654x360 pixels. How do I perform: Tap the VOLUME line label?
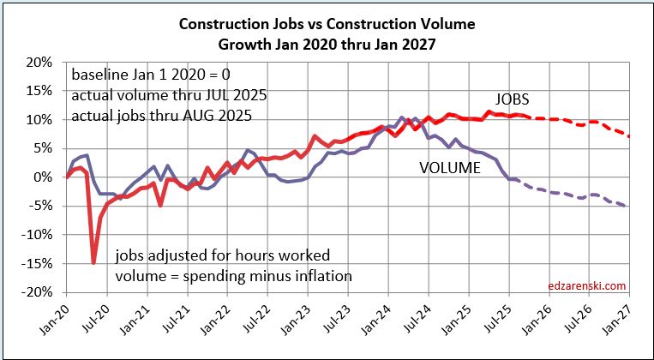click(x=450, y=168)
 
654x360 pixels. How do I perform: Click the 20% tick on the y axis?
click(x=42, y=63)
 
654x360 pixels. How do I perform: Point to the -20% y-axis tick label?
click(x=39, y=292)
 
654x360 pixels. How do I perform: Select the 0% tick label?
click(x=45, y=177)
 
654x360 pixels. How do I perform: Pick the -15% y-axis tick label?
click(x=39, y=264)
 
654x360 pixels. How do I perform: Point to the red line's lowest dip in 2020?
click(x=93, y=262)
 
